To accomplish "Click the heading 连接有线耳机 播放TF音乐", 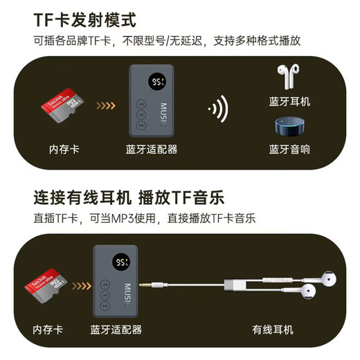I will [129, 197].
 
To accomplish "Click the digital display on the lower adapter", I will [123, 263].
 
